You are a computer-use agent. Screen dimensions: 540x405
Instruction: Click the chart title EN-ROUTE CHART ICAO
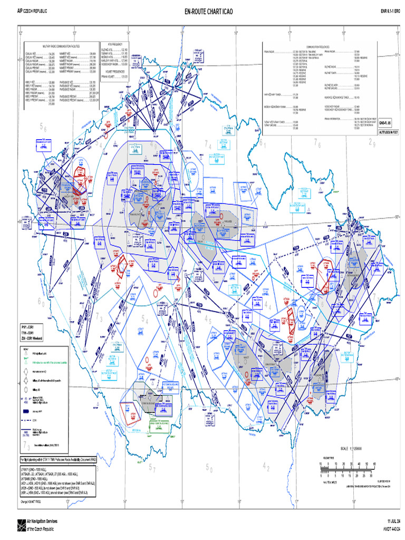(x=202, y=11)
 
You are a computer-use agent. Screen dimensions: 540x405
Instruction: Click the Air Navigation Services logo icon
(x=20, y=524)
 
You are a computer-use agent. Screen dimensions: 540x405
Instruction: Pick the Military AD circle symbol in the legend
(x=26, y=390)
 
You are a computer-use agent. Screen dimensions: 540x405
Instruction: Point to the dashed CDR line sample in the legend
(x=26, y=420)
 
